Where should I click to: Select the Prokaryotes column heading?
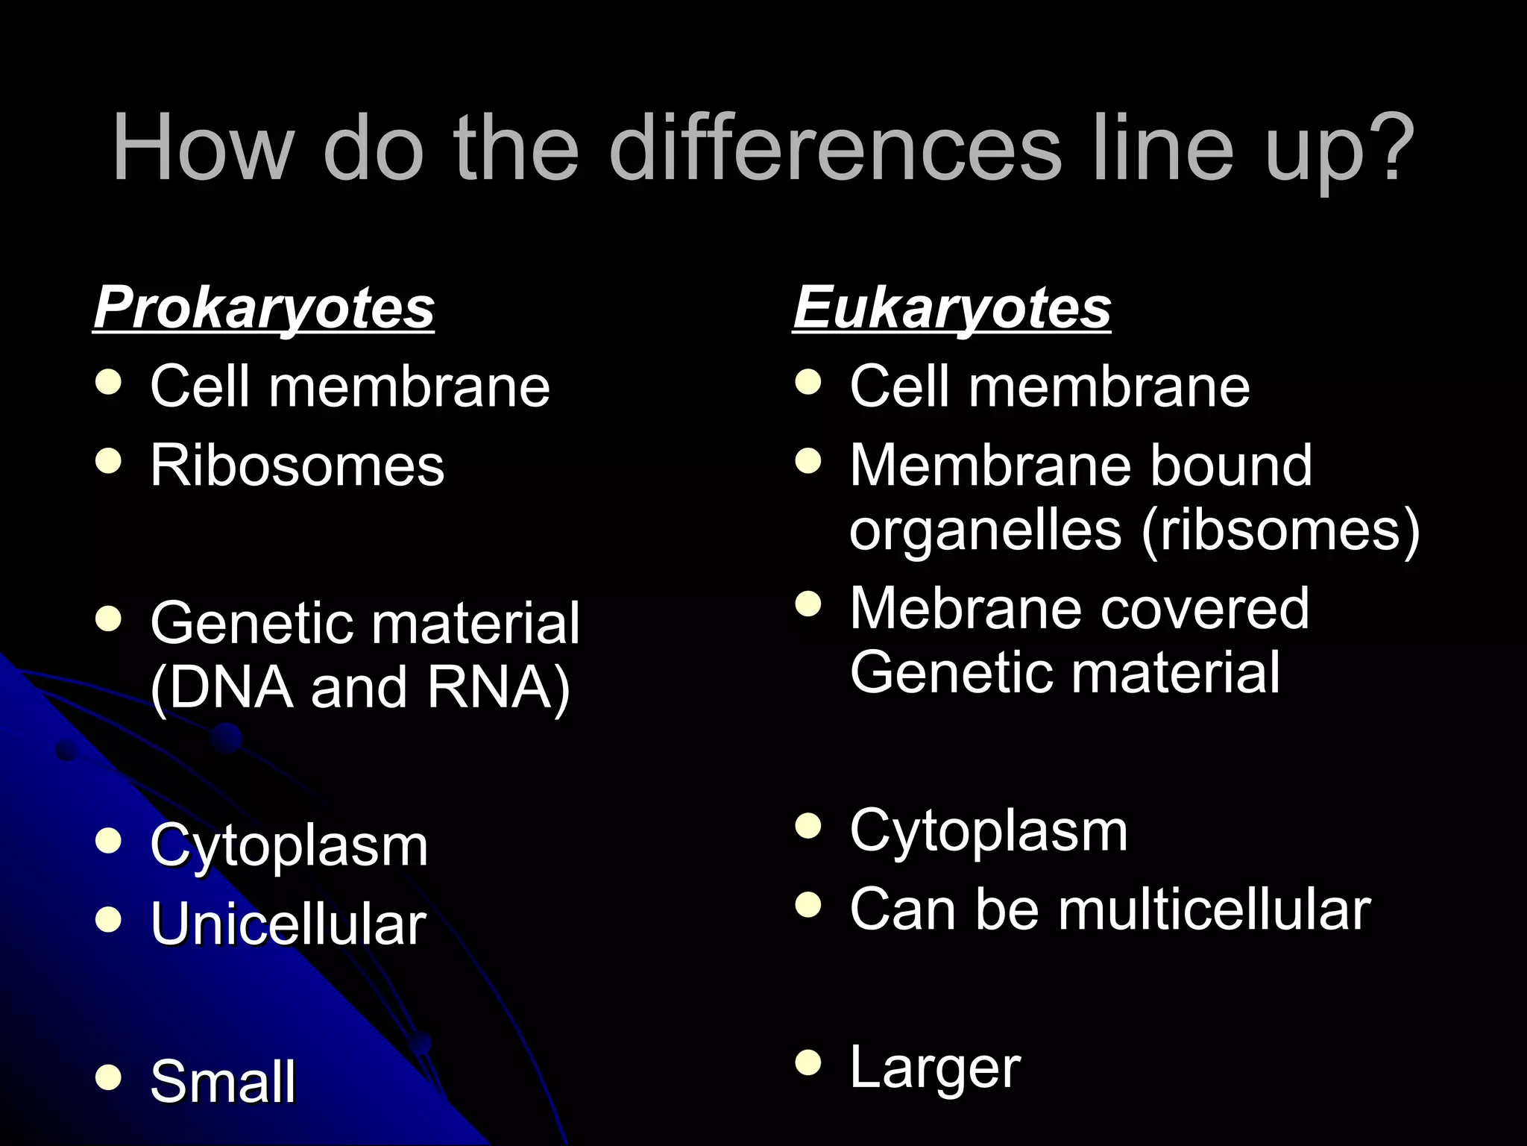[264, 307]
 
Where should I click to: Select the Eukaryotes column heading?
[951, 307]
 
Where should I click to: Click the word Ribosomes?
[297, 465]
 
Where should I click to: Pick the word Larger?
[935, 1067]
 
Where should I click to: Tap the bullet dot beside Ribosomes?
[109, 461]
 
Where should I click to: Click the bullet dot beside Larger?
[808, 1062]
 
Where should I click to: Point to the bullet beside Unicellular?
[109, 920]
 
